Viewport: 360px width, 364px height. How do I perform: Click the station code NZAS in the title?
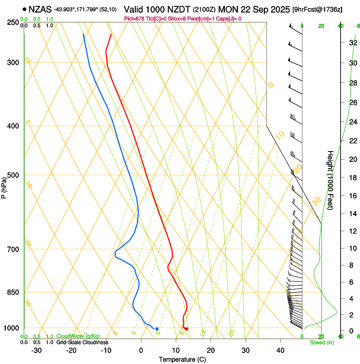(x=40, y=9)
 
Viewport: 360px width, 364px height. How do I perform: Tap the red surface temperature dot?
(x=186, y=329)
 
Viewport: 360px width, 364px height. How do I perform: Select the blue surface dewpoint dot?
(x=157, y=329)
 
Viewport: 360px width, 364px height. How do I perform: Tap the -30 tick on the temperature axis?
(x=36, y=350)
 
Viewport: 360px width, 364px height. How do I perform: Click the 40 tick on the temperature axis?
(x=280, y=350)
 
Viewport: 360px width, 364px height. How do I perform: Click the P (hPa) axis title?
(x=4, y=186)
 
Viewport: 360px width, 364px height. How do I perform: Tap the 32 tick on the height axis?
(x=352, y=43)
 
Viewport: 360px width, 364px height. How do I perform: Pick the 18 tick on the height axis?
(x=352, y=178)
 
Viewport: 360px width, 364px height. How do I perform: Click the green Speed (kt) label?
(x=321, y=342)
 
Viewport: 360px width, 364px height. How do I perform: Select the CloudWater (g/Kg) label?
(x=78, y=336)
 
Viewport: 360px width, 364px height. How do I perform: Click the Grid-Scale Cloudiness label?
(x=82, y=342)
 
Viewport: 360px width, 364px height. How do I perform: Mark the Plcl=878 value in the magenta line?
(x=135, y=19)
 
